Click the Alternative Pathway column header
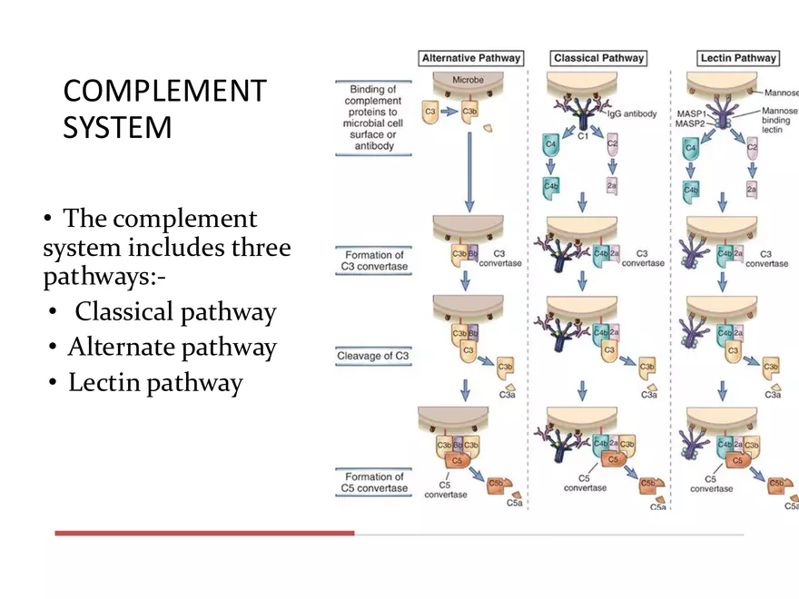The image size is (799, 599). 471,58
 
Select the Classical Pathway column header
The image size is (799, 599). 598,58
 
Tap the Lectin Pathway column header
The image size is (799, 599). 738,58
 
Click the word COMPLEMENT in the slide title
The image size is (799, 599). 165,92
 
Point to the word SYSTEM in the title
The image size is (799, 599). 117,127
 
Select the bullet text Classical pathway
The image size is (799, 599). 175,312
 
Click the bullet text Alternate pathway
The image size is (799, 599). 172,348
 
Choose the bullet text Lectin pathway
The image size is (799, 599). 155,383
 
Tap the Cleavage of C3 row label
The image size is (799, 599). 372,356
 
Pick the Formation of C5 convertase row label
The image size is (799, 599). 373,482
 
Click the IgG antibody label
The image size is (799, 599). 632,114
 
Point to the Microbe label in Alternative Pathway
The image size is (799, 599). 469,80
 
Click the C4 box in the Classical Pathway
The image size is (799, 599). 550,144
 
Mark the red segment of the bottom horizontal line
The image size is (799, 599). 203,533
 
